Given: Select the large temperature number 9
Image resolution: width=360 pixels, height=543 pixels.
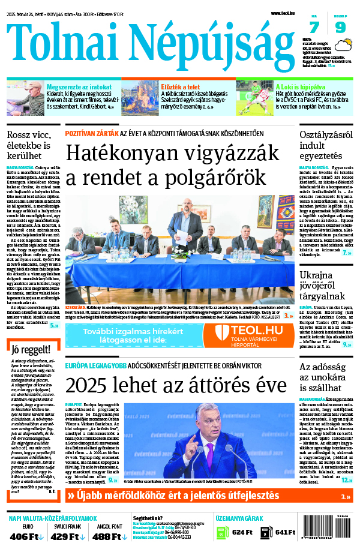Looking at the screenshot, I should (340, 27).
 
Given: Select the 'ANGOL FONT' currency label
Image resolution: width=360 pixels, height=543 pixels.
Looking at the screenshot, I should (101, 526).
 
